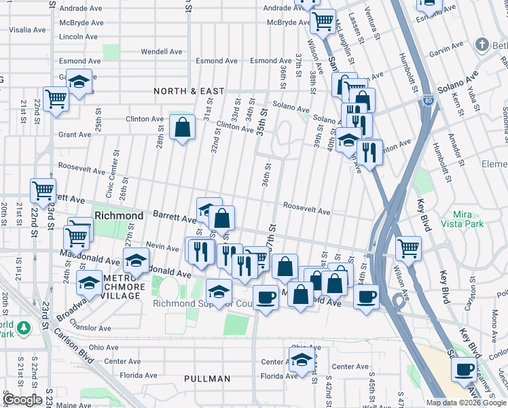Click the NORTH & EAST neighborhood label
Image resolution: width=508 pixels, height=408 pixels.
click(189, 91)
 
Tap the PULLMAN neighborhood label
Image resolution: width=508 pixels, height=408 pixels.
click(208, 378)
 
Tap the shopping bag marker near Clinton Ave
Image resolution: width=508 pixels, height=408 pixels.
click(182, 127)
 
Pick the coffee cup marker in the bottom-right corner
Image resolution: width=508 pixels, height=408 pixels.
click(465, 369)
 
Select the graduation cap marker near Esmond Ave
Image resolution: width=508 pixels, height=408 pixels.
click(79, 83)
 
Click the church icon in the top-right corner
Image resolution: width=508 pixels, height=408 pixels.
click(483, 46)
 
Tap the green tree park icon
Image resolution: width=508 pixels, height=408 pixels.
click(24, 328)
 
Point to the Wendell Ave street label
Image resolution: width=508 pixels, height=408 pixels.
click(162, 52)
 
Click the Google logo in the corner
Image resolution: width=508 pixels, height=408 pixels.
click(22, 400)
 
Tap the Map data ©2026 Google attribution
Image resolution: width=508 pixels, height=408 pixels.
click(465, 403)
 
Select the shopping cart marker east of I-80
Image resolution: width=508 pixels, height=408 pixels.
click(409, 248)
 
